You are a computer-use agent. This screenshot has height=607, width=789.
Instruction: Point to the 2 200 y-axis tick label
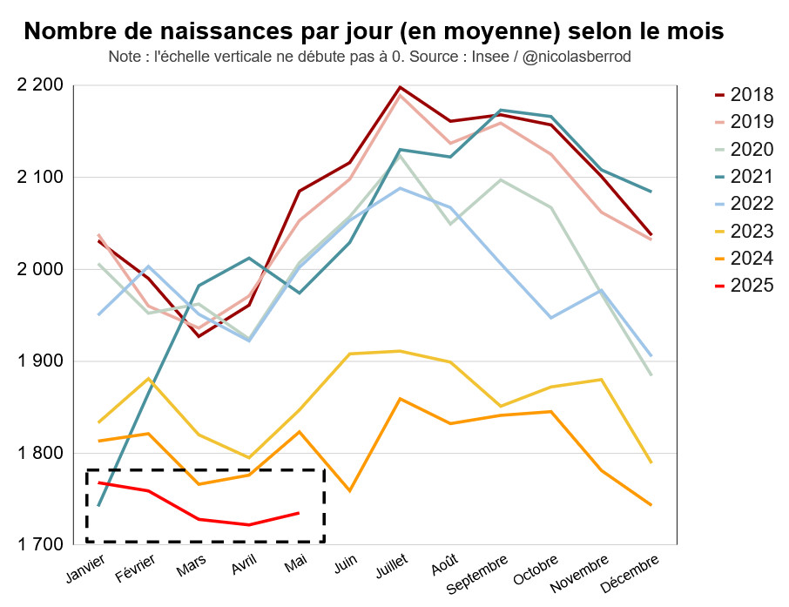(x=40, y=85)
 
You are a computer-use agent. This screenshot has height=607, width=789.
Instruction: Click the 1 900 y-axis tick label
(x=40, y=361)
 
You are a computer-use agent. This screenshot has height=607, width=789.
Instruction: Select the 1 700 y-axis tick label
(x=40, y=544)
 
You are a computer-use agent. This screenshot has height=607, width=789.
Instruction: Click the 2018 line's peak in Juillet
(x=400, y=87)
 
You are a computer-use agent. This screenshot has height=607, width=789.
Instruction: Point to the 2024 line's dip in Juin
(x=349, y=491)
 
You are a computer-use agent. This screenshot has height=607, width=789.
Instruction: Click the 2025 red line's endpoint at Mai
(x=299, y=513)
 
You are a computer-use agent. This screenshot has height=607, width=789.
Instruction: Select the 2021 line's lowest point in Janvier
(x=98, y=505)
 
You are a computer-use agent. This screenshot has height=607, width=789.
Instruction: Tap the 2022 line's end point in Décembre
(x=650, y=355)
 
